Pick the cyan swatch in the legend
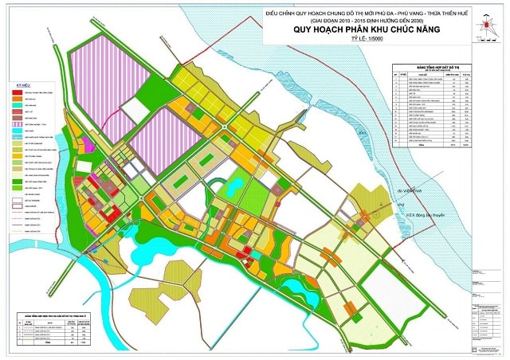[16, 131]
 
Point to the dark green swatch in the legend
[16, 182]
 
